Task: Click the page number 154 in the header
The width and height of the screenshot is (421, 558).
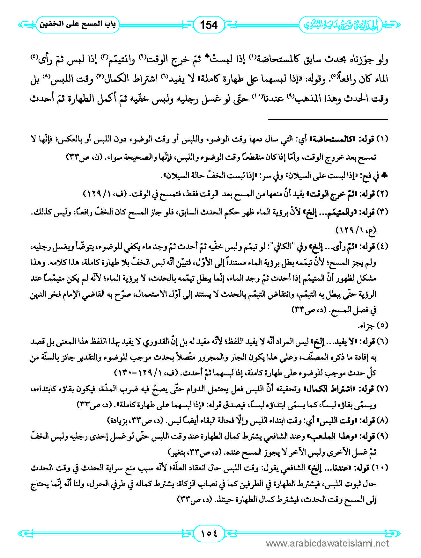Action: pos(209,25)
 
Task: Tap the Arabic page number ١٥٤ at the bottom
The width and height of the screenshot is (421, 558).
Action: pos(209,532)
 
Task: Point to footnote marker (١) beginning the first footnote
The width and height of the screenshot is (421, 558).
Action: pos(382,139)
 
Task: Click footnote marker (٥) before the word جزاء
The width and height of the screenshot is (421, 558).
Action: pos(382,325)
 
